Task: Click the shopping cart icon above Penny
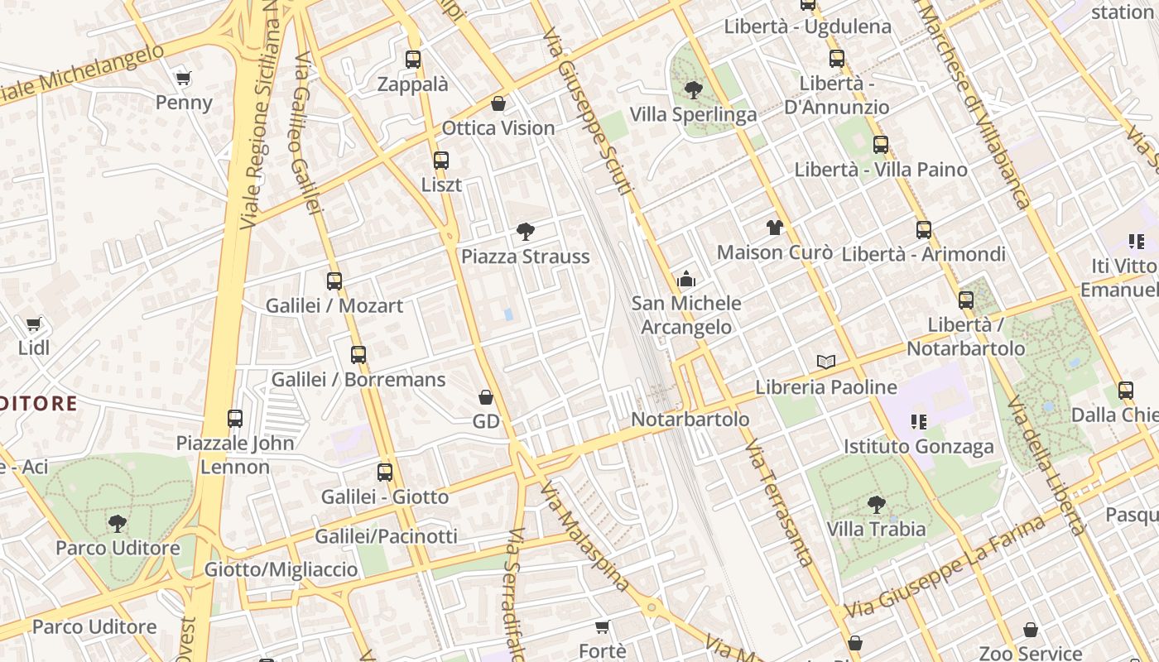click(x=184, y=79)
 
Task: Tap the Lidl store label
click(x=34, y=348)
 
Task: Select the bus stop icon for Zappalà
click(x=413, y=60)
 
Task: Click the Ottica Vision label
click(x=498, y=128)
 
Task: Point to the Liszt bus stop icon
click(x=441, y=161)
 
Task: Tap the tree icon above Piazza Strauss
click(x=525, y=232)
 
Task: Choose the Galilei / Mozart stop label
click(x=334, y=305)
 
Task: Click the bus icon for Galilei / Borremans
click(x=358, y=355)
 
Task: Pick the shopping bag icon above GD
click(x=486, y=397)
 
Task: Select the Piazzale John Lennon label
click(x=235, y=454)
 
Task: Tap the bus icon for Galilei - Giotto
click(x=385, y=473)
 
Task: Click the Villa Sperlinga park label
click(x=694, y=114)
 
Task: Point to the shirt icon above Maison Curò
click(x=774, y=228)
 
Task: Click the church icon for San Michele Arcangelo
click(x=686, y=280)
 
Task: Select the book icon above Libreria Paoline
click(x=825, y=362)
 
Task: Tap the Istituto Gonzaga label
click(x=919, y=447)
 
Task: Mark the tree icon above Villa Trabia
click(x=876, y=504)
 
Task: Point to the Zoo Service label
click(x=1031, y=653)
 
